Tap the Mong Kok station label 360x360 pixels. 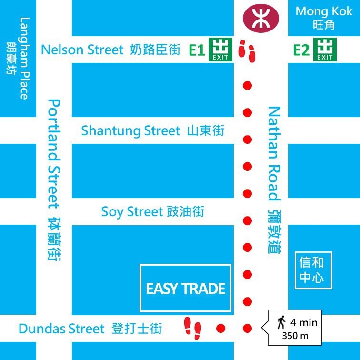pyautogui.click(x=324, y=18)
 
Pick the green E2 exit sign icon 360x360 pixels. pyautogui.click(x=325, y=50)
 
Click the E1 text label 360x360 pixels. pyautogui.click(x=197, y=50)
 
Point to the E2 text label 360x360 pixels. pyautogui.click(x=301, y=50)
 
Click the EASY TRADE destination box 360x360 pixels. pyautogui.click(x=185, y=289)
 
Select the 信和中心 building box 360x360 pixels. pyautogui.click(x=312, y=270)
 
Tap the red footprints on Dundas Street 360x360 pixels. pyautogui.click(x=193, y=328)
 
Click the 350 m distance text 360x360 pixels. pyautogui.click(x=295, y=336)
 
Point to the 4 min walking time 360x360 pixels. pyautogui.click(x=304, y=322)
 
